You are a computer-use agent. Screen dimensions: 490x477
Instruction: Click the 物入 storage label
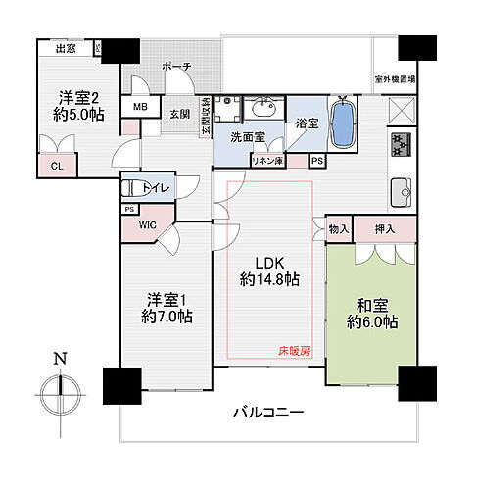(339, 228)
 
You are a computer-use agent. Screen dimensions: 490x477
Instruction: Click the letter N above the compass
(60, 358)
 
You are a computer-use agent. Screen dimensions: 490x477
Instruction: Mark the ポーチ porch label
(178, 66)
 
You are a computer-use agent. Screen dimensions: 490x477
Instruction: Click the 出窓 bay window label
(67, 48)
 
